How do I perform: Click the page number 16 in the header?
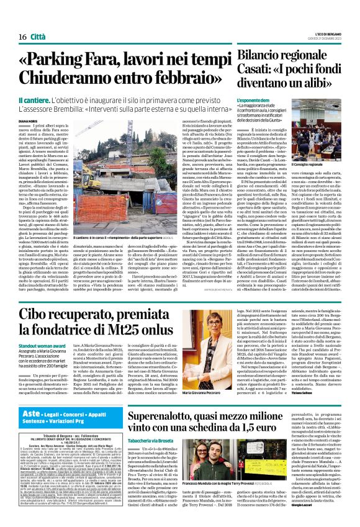pos(13,20)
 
